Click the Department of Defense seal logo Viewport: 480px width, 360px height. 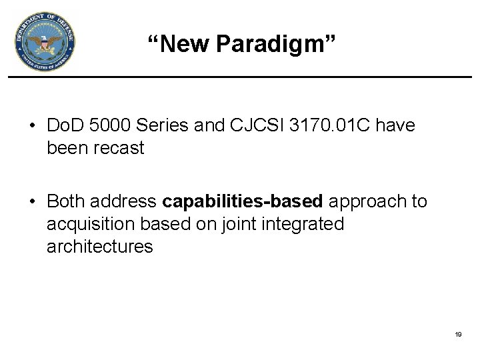coord(45,42)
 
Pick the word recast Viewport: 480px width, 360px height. coord(118,147)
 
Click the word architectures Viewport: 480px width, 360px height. coord(100,246)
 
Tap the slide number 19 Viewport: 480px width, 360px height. coord(458,334)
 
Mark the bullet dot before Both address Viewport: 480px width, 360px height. coord(32,202)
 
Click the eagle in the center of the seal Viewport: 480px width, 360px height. coord(45,43)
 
